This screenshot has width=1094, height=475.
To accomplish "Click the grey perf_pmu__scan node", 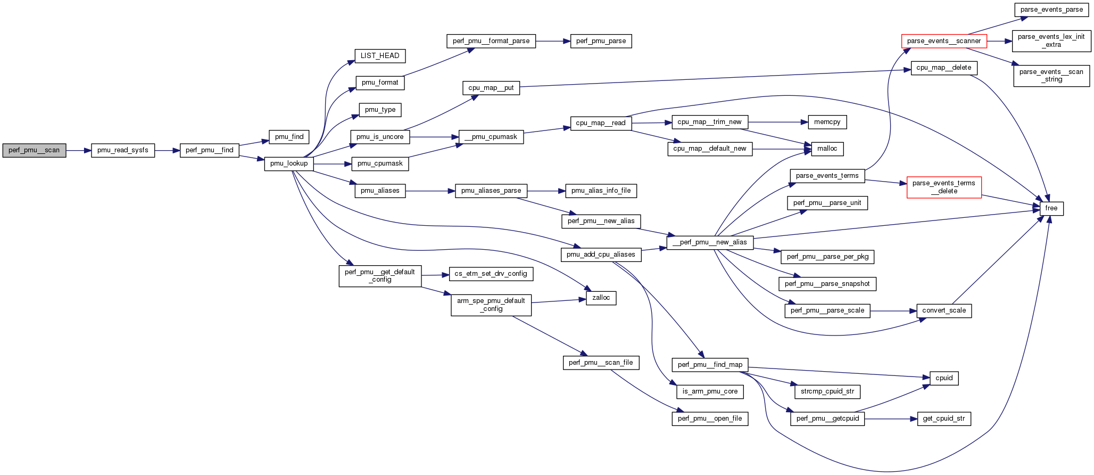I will pos(34,151).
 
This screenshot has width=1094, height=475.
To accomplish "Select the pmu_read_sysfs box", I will pos(123,151).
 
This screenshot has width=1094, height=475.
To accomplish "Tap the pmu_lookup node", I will pos(289,163).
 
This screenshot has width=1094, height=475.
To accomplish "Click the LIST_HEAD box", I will pos(380,56).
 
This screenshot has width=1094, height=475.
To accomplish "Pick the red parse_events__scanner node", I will pos(944,41).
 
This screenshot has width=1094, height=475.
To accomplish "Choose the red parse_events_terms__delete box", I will pos(944,187).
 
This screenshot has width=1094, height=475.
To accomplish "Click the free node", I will pos(1051,208).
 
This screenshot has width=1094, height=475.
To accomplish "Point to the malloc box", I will pos(827,149).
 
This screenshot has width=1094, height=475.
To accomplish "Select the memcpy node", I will pos(827,122).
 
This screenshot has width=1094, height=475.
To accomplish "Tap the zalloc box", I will pos(601,298).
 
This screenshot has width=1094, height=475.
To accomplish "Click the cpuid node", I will pos(944,378).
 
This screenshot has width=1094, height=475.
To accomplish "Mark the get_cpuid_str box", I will pos(944,419).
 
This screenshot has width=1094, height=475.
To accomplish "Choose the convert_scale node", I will pos(944,310).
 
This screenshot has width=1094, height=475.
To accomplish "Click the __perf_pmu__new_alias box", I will pos(710,242).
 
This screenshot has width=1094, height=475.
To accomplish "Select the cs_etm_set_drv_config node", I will pos(491,274).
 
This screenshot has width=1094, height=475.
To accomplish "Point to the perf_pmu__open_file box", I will pos(710,419).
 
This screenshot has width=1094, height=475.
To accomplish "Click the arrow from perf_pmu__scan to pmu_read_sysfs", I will pos(78,151).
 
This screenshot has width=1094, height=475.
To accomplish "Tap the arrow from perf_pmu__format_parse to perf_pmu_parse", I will pos(553,41).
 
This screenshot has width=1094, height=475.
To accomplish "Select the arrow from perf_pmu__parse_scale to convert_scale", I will pos(893,310).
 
